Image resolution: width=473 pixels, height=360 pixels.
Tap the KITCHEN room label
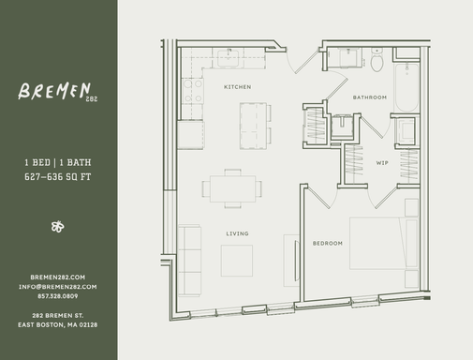[236, 86]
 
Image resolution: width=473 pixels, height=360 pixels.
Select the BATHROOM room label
[369, 97]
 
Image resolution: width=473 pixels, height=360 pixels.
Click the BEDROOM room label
[328, 243]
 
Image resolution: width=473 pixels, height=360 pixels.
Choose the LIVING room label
[236, 232]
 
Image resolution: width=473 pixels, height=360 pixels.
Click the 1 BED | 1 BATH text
[58, 162]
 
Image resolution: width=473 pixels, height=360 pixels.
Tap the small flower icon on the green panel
[58, 226]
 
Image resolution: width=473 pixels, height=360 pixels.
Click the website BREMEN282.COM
[58, 277]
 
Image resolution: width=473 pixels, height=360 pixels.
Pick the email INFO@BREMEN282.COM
[58, 287]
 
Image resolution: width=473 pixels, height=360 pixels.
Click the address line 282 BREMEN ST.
[58, 314]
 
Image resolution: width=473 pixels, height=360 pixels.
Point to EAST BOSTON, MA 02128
[58, 324]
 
